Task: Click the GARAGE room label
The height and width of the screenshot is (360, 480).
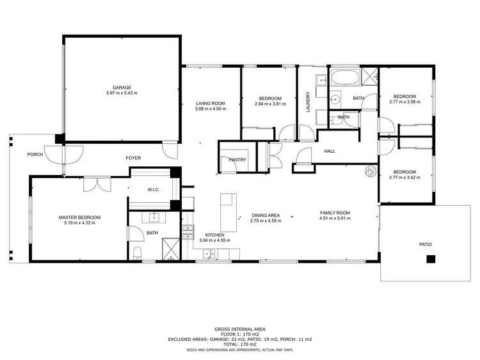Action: coord(122,88)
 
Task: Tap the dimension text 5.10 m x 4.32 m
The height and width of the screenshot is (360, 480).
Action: coord(79,223)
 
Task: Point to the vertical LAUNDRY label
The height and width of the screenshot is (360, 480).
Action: coord(308,102)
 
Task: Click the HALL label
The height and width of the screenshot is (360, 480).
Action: coord(329,152)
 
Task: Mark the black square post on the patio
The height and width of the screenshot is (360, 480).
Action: coord(431,258)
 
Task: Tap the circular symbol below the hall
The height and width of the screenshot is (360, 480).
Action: coord(370,170)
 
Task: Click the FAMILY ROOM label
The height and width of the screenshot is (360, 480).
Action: coord(335,212)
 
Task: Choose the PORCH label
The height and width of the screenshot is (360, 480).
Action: coord(35,155)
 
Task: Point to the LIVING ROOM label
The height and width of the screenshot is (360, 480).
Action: coord(210,103)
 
